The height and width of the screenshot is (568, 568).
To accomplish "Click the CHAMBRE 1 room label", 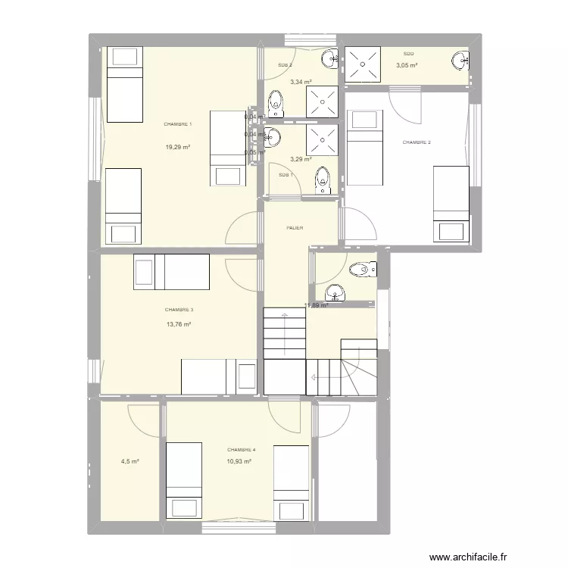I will (178, 123).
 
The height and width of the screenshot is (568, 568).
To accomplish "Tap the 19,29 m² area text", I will (178, 147).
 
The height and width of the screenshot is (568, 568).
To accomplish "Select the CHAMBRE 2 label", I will (417, 142).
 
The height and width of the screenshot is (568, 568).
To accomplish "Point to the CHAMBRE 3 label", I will (179, 309).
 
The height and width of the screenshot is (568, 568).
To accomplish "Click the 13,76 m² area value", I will (179, 324).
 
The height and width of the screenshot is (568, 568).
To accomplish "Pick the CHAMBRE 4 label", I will (241, 449).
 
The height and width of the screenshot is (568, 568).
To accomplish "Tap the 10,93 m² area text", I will (239, 460).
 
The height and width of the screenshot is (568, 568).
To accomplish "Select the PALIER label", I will (295, 226).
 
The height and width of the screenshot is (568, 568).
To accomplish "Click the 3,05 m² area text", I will (407, 65).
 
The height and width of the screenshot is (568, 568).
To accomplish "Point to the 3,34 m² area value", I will (301, 82).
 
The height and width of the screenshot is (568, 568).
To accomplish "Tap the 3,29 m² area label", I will (301, 159).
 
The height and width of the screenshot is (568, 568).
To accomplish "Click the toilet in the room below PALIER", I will (362, 269).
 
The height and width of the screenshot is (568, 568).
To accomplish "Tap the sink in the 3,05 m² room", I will (460, 61).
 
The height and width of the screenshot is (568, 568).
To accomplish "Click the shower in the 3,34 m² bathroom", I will (323, 101).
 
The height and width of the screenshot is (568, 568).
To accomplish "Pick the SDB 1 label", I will (286, 175).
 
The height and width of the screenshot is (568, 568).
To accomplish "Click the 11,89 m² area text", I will (316, 306).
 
